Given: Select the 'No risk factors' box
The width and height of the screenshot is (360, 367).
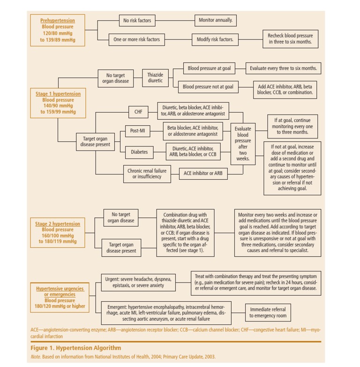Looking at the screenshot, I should point(137,21).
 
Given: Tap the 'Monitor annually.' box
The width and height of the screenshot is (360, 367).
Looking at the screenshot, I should point(215,21).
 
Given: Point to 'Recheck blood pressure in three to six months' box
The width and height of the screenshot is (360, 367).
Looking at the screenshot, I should point(290,39).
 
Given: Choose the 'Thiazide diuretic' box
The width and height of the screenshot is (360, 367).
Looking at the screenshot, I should point(155,78).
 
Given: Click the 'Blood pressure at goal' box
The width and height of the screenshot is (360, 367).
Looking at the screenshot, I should point(209,69).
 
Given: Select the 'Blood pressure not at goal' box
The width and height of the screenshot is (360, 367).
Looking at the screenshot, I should point(208,87).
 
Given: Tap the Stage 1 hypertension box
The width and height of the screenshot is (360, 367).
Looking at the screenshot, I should point(58,103).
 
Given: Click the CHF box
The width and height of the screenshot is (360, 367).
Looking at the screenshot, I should point(138,112).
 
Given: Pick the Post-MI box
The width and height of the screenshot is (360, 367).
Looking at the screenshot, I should point(137,131).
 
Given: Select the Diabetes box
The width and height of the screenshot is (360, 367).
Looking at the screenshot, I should point(139,152).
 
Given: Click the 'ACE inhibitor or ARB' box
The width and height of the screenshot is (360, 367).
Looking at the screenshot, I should point(203,173).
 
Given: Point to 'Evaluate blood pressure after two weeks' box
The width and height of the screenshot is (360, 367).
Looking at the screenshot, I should point(243,144).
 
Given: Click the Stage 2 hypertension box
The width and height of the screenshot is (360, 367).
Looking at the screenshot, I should point(58,233).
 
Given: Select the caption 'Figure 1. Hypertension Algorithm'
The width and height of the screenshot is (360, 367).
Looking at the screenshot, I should point(76,348).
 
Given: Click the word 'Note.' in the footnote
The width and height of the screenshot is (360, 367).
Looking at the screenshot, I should point(36,357).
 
